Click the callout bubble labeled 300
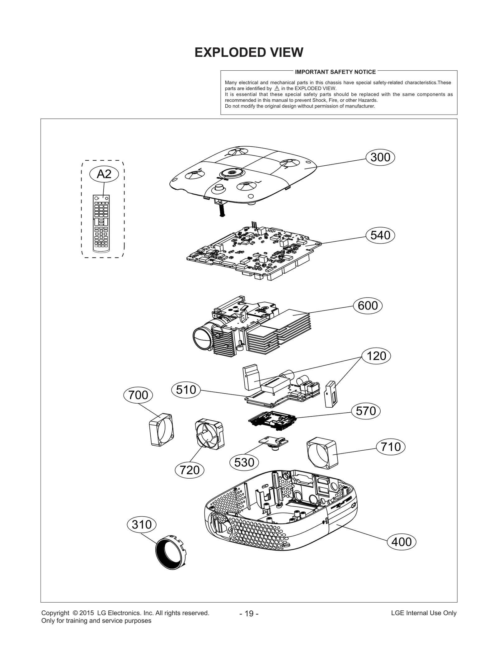380,157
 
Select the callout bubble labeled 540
380,235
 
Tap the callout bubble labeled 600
368,306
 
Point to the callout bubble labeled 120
376,356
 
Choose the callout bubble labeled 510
186,390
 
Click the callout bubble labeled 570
366,411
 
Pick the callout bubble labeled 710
391,447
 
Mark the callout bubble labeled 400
401,542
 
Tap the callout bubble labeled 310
142,525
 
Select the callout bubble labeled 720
190,470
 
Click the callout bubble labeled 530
244,462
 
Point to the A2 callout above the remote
104,174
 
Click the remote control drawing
101,223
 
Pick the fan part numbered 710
322,454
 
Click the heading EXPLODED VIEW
249,52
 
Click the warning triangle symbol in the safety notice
277,88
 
